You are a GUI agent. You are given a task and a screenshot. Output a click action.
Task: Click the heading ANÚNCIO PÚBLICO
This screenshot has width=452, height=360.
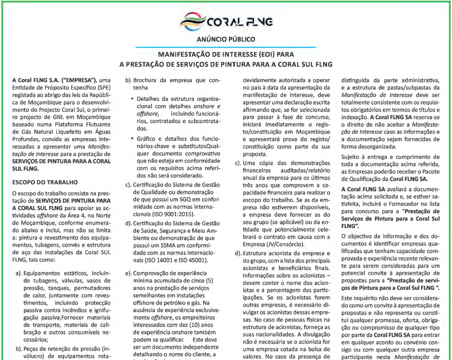click(226, 39)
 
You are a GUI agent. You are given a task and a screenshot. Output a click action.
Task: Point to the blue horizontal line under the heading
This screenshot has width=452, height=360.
click(226, 47)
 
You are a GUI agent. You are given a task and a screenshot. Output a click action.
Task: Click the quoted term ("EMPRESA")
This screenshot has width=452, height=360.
click(68, 79)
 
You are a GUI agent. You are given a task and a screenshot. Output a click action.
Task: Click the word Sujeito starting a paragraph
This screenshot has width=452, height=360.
click(352, 157)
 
